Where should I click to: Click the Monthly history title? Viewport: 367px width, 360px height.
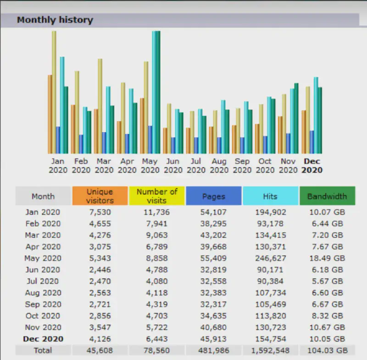click(55, 20)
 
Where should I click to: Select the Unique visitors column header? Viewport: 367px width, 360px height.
click(100, 196)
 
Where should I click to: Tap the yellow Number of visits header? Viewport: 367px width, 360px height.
click(157, 196)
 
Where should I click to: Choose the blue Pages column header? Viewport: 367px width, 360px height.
click(213, 197)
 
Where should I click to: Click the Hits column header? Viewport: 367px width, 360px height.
click(270, 197)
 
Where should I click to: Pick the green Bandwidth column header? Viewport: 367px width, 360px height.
click(327, 197)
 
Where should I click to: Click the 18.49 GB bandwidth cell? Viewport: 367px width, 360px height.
click(327, 258)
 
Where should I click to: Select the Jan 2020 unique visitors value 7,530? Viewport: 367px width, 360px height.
click(100, 212)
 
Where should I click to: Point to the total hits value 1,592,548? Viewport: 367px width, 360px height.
click(270, 350)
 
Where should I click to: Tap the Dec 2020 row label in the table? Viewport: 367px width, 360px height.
click(43, 339)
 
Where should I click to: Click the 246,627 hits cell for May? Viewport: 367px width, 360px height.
click(270, 258)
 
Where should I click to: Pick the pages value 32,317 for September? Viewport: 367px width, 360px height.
click(213, 304)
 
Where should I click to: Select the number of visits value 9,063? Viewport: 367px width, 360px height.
click(157, 235)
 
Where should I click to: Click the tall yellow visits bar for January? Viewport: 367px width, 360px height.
click(54, 92)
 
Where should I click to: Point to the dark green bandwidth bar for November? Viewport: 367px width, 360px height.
click(296, 118)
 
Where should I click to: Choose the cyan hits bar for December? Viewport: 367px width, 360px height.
click(316, 115)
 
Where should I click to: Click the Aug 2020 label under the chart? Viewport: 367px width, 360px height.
click(219, 166)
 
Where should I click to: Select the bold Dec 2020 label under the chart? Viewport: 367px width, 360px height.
click(312, 166)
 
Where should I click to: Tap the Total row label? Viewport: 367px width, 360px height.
click(43, 350)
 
